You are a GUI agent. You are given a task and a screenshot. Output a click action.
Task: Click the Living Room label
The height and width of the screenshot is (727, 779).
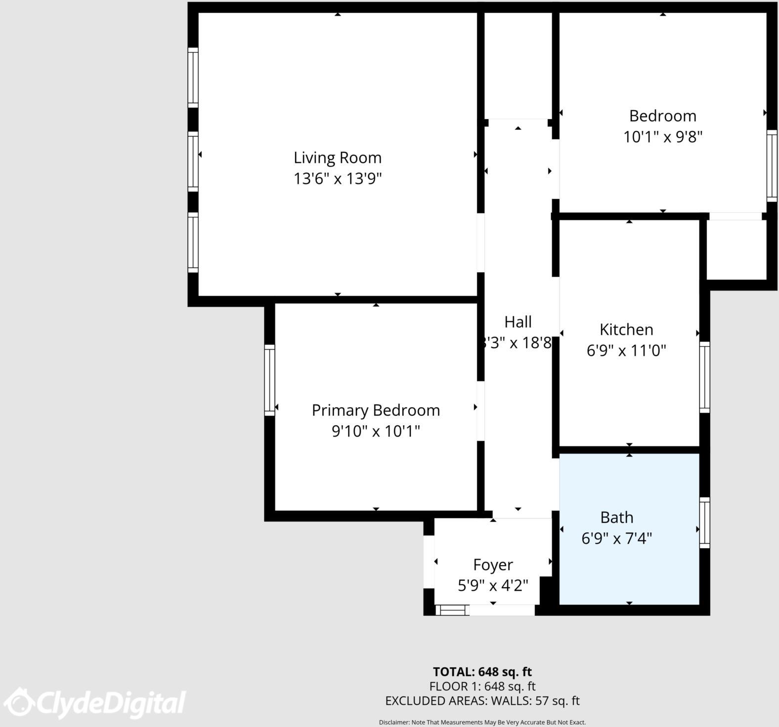pos(338,158)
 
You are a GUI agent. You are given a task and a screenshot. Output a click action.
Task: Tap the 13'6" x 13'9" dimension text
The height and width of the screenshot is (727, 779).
pos(338,178)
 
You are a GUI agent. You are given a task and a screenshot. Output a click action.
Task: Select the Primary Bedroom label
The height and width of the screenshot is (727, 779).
pos(376,410)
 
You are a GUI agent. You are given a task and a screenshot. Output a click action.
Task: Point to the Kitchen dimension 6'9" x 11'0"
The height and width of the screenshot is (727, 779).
pos(626,351)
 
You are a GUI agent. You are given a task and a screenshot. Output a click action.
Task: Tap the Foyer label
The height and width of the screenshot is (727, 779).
pos(493,565)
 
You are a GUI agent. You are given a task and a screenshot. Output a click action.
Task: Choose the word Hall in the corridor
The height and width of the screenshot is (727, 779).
pos(518,322)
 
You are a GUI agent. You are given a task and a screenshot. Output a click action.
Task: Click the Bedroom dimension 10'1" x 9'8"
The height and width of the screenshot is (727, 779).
pos(663,136)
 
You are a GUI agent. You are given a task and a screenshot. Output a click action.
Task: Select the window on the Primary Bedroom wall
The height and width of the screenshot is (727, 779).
pos(269,380)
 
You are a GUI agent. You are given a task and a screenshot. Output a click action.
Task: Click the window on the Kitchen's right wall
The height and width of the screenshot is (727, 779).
pos(705,377)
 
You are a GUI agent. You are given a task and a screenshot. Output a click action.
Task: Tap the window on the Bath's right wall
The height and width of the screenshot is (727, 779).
pos(705,523)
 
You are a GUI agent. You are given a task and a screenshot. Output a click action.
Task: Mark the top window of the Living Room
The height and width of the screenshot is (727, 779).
pos(193,78)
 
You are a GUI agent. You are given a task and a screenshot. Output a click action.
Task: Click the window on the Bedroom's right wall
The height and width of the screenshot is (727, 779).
pos(772,165)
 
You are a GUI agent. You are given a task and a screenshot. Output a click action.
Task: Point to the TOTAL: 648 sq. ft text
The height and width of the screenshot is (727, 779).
pos(482,672)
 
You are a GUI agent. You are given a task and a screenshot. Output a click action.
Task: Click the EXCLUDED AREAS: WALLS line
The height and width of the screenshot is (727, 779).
pos(482,701)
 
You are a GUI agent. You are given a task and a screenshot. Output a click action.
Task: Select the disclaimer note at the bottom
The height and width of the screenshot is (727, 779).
pos(482,722)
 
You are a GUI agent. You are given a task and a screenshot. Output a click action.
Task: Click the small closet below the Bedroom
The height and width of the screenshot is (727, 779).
pos(736,249)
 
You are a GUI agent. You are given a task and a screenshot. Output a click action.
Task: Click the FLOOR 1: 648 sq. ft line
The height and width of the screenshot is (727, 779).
pos(482,686)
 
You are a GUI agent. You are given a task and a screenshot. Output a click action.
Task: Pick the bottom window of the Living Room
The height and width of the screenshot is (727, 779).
pos(193,242)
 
